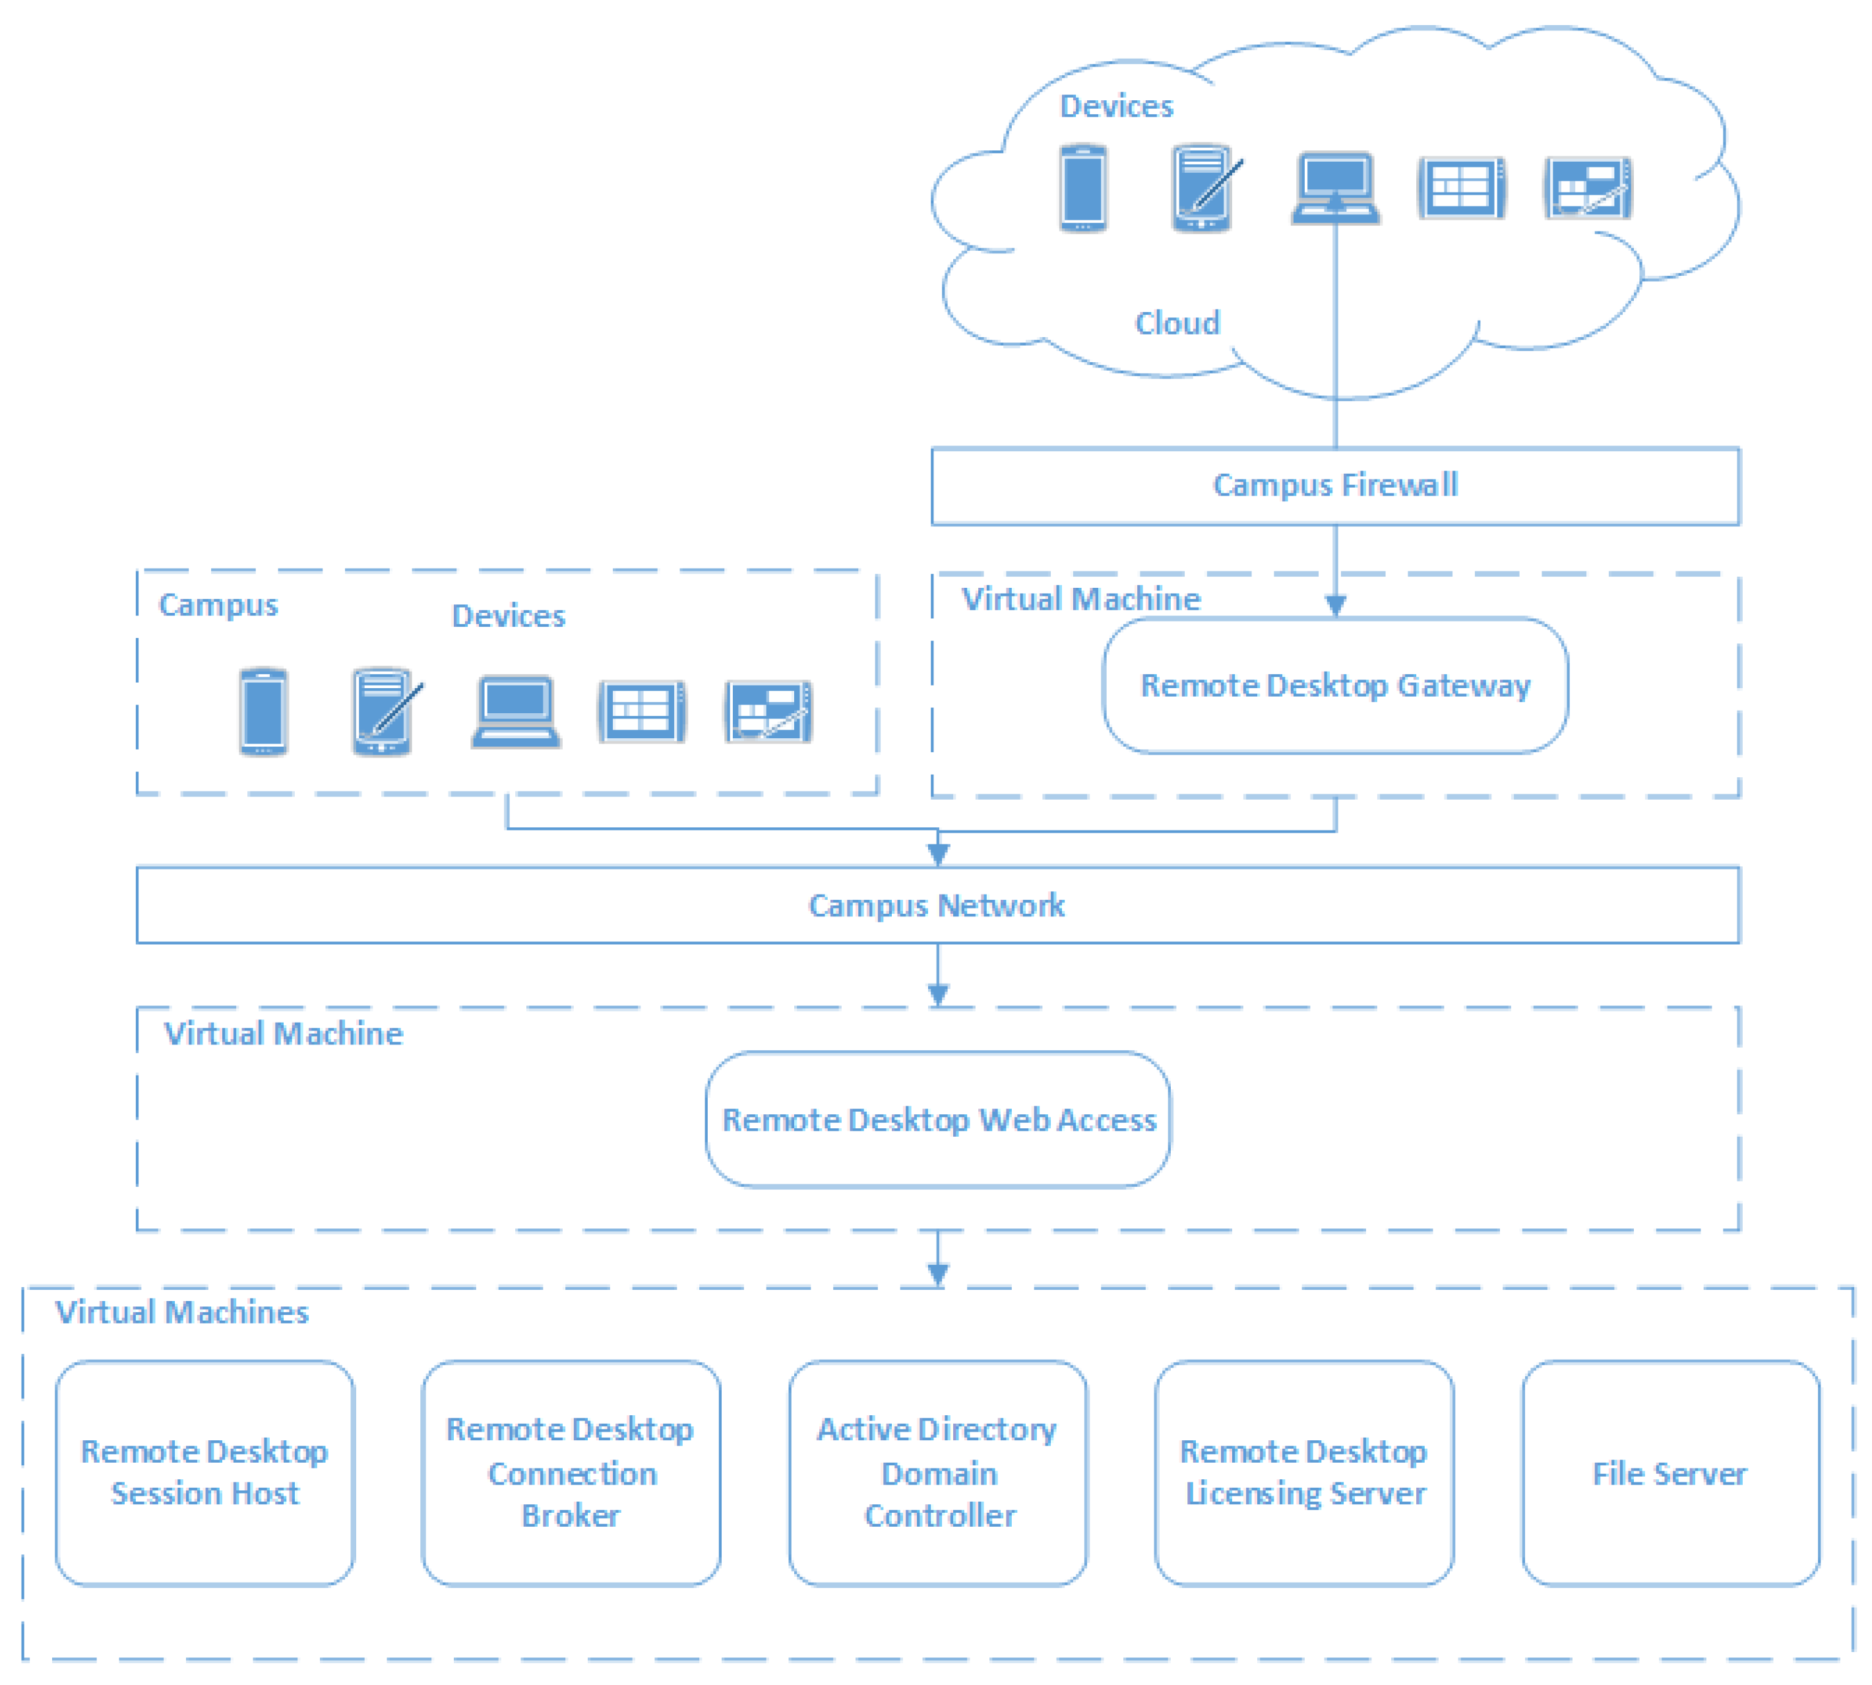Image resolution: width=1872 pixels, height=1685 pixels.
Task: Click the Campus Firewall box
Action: click(x=1334, y=486)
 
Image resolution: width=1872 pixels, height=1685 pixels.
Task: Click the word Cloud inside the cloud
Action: click(x=1177, y=323)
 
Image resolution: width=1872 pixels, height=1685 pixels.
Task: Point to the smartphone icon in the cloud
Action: click(x=1082, y=188)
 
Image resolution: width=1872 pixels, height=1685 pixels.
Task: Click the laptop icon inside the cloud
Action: click(x=1335, y=188)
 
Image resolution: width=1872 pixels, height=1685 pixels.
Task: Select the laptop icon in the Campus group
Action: click(x=516, y=711)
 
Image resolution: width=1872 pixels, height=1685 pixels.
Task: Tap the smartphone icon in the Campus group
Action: click(x=263, y=711)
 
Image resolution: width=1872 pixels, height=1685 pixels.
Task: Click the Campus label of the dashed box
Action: click(x=218, y=604)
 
